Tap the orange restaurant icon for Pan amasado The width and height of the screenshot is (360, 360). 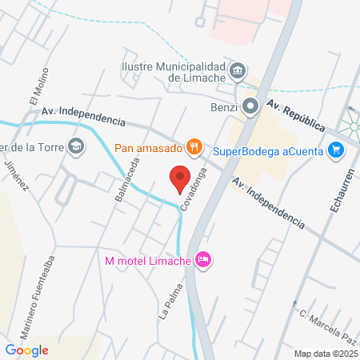193,146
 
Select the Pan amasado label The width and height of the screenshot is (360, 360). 149,146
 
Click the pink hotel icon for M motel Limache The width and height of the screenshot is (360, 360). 203,259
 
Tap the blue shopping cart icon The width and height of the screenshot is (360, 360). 336,149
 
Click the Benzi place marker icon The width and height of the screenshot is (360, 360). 250,105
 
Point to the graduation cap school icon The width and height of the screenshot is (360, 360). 75,146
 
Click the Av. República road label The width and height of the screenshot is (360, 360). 295,117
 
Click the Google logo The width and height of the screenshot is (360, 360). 26,350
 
